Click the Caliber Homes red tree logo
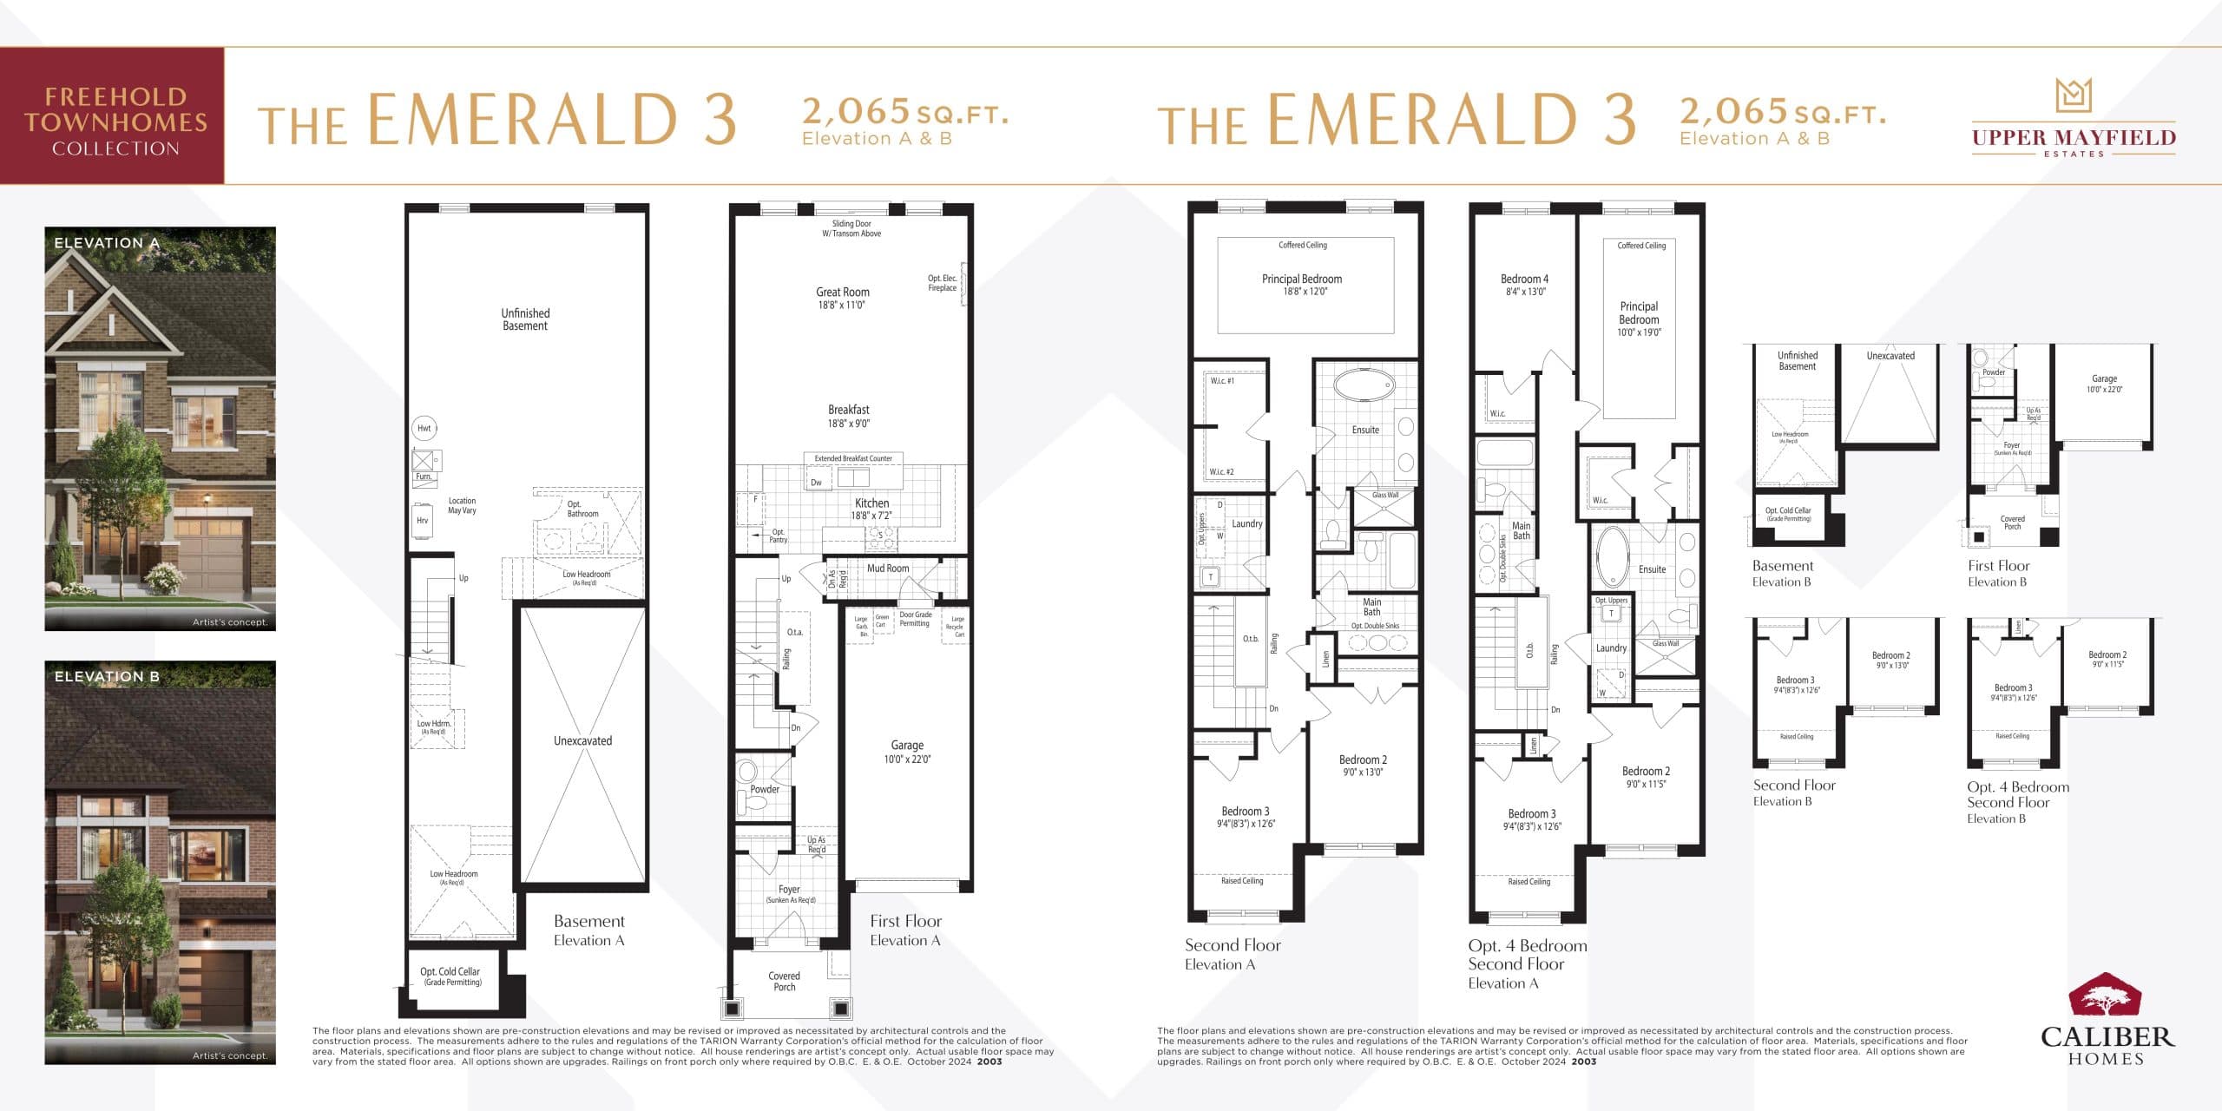pyautogui.click(x=2103, y=996)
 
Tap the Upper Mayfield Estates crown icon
pyautogui.click(x=2074, y=95)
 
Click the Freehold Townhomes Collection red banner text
pyautogui.click(x=115, y=121)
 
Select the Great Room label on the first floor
pyautogui.click(x=842, y=298)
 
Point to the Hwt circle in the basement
pyautogui.click(x=424, y=428)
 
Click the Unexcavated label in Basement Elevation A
pyautogui.click(x=582, y=740)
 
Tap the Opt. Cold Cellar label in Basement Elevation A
pyautogui.click(x=450, y=976)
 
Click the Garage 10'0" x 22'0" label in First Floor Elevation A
pyautogui.click(x=907, y=752)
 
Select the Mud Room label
pyautogui.click(x=888, y=569)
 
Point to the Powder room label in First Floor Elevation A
pyautogui.click(x=764, y=789)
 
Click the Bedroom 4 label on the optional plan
pyautogui.click(x=1524, y=285)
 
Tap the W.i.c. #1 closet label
pyautogui.click(x=1222, y=381)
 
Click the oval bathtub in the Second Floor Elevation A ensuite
pyautogui.click(x=1364, y=385)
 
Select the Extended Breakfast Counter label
pyautogui.click(x=852, y=458)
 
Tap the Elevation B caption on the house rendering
pyautogui.click(x=107, y=676)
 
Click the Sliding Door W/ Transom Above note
pyautogui.click(x=851, y=228)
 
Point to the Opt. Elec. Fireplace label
pyautogui.click(x=942, y=283)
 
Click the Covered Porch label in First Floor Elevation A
pyautogui.click(x=784, y=981)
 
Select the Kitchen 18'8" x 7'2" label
pyautogui.click(x=871, y=509)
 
